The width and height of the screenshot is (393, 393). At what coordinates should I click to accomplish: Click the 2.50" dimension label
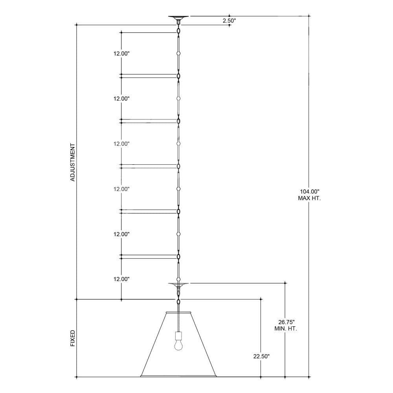(x=230, y=20)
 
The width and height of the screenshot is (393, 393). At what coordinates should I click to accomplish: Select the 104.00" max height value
(x=310, y=192)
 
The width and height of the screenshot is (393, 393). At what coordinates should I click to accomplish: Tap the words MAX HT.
(x=309, y=198)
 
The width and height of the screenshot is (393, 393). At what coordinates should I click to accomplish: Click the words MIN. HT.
(x=286, y=329)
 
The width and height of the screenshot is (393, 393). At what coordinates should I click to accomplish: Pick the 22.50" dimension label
(x=261, y=356)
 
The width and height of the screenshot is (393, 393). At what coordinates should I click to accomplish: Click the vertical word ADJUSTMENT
(x=72, y=162)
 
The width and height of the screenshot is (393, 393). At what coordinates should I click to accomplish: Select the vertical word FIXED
(x=72, y=338)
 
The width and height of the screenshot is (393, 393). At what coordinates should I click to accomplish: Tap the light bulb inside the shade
(x=178, y=345)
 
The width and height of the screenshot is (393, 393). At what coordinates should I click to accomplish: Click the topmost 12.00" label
(x=121, y=53)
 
